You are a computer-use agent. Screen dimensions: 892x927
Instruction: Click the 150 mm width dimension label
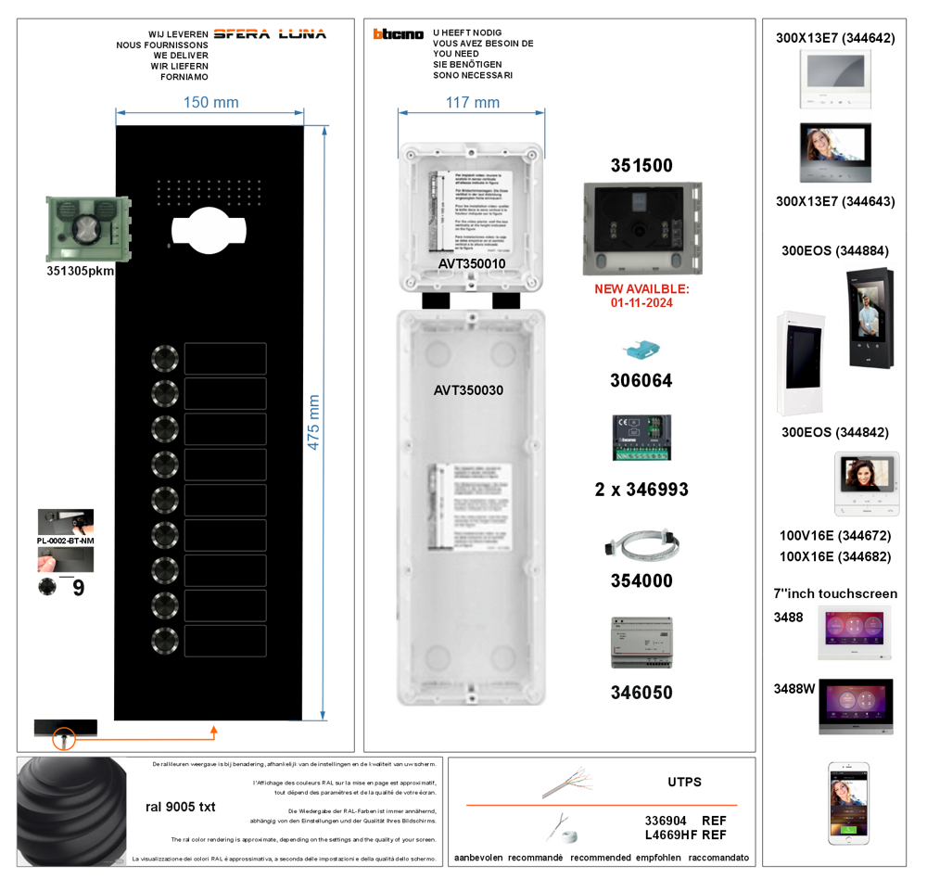click(x=211, y=102)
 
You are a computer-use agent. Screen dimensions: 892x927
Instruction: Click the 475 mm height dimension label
click(x=313, y=422)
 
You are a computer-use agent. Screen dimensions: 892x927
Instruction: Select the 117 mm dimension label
click(x=473, y=102)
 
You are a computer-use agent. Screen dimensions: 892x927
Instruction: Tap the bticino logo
click(x=399, y=34)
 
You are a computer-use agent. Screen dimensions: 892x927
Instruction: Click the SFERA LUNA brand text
click(x=270, y=34)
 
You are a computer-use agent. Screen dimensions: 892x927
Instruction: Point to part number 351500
click(x=641, y=166)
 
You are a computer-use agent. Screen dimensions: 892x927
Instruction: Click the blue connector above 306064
click(x=641, y=350)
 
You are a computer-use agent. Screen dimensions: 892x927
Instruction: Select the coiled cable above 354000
click(x=641, y=547)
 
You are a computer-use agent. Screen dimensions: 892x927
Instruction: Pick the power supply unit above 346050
click(x=641, y=643)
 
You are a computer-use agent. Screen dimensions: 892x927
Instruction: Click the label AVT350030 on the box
click(x=468, y=390)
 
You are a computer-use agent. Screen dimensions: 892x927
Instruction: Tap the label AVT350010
click(x=472, y=264)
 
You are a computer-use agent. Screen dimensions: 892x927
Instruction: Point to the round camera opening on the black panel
click(x=208, y=228)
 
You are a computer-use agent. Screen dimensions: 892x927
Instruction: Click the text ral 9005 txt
click(x=181, y=807)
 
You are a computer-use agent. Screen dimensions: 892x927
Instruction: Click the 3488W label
click(x=794, y=689)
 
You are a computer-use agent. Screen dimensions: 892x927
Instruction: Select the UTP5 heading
click(x=684, y=782)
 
